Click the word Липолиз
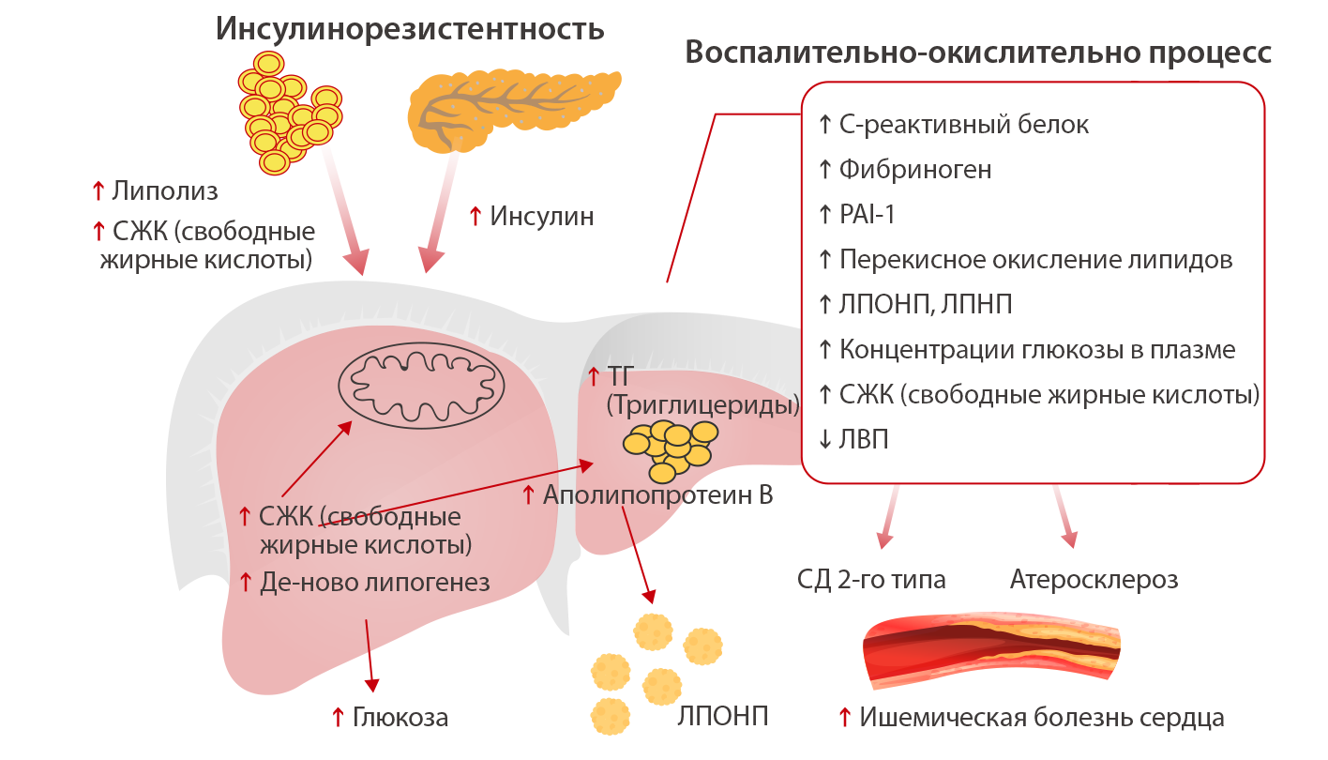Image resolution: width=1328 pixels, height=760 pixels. [163, 191]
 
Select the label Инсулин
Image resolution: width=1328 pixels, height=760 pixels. [541, 217]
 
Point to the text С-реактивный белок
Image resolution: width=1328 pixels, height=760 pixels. [964, 125]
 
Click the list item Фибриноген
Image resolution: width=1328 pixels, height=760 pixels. [915, 170]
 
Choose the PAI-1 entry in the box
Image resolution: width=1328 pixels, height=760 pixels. [868, 215]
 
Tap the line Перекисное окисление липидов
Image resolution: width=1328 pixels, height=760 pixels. [1035, 260]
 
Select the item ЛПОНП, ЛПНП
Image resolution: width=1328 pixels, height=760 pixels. [926, 305]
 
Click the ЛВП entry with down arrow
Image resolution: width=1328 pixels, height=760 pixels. [864, 440]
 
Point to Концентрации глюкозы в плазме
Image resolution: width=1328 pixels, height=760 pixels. [1037, 350]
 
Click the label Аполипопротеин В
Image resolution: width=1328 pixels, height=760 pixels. [657, 494]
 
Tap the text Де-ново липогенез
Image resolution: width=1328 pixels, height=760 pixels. [374, 583]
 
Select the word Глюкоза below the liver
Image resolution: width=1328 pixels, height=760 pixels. [400, 718]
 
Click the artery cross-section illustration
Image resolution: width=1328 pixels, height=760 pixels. [992, 648]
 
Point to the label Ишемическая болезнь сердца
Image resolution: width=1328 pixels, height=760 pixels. [1041, 718]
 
